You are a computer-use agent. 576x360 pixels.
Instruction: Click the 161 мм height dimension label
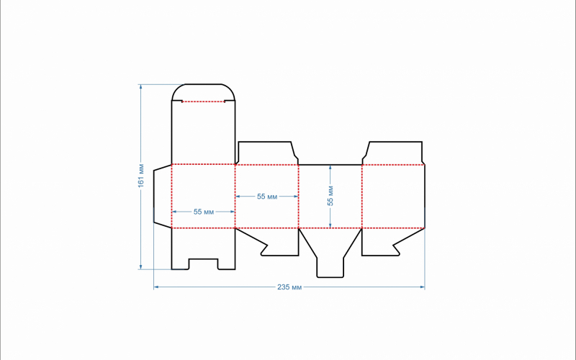[141, 176]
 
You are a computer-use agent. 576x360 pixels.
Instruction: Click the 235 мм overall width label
[289, 287]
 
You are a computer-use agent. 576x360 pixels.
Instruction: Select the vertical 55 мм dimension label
[330, 196]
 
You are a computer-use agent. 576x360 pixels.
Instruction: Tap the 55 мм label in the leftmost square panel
[204, 212]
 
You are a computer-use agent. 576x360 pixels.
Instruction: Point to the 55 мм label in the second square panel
[267, 197]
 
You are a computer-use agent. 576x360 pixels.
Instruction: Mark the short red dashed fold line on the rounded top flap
[204, 102]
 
